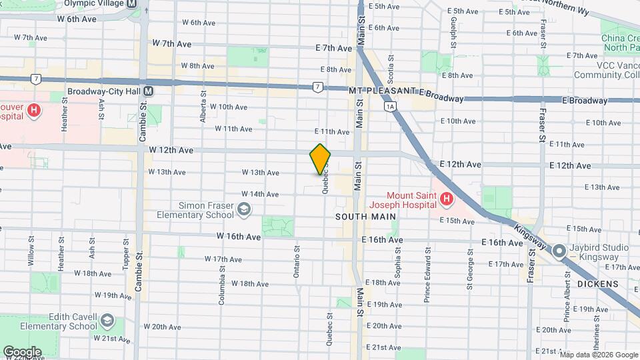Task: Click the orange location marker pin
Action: point(320,159)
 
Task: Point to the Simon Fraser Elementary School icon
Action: point(244,210)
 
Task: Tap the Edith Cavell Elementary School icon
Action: point(107,323)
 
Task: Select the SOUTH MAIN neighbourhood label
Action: point(365,217)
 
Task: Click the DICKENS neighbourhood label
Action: point(598,284)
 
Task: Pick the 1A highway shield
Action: point(390,105)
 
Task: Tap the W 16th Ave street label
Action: point(238,237)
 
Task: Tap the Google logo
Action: point(22,351)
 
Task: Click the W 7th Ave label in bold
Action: point(172,43)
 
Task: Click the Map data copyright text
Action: point(598,354)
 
